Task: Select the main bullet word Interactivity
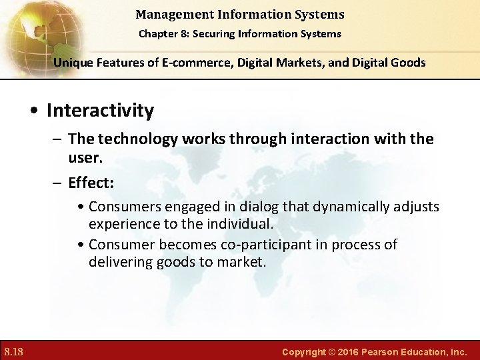[100, 110]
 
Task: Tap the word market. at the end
[243, 262]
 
